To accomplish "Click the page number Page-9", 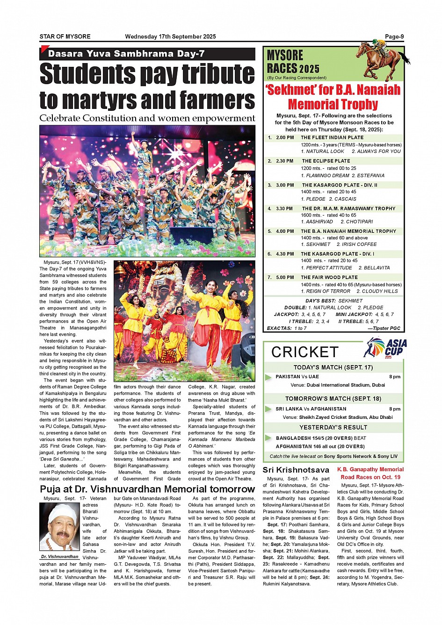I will tap(394, 36).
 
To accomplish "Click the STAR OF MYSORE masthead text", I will tap(65, 36).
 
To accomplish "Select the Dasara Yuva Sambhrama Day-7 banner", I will tap(126, 54).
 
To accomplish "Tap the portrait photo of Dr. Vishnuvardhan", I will tap(59, 527).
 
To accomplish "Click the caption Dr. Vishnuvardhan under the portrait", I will tap(59, 557).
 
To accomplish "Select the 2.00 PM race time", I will tap(285, 138).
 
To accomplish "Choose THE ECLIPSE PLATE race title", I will tap(326, 161).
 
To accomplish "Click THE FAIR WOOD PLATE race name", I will tap(329, 277).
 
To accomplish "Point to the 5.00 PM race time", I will tap(285, 277).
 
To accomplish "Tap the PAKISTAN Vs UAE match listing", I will tap(297, 377).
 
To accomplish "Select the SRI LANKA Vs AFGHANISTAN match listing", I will tap(311, 409).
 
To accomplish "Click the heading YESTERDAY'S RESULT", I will tap(333, 427).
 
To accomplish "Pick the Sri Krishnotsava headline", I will tap(296, 470).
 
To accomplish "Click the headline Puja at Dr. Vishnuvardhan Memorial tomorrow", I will tap(147, 489).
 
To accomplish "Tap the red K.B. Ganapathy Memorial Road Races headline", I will tap(370, 473).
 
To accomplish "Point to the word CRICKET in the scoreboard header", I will tap(304, 352).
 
